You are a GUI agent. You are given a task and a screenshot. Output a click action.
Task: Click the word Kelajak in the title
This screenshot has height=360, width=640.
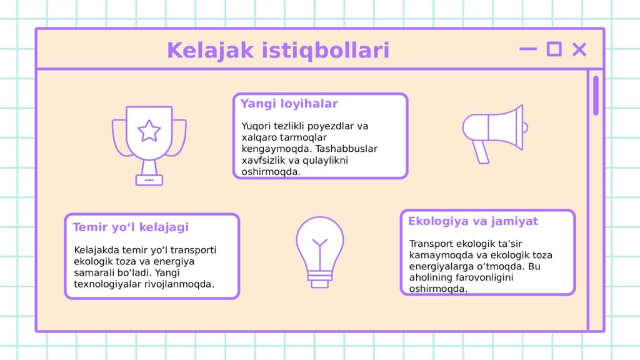pos(210,50)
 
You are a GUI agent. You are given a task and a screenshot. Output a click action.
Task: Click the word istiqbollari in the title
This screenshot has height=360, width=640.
pos(325,50)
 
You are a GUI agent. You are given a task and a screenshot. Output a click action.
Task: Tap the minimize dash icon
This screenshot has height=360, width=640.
pos(527,49)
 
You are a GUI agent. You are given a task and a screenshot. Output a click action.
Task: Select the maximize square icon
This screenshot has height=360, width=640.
pos(554,49)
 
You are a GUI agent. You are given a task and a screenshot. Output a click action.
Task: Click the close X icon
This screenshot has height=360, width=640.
pos(579,49)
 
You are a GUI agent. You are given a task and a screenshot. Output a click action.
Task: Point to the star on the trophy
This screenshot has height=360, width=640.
pos(149,131)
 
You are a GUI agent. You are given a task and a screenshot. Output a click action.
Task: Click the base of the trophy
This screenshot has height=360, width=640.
pos(149,180)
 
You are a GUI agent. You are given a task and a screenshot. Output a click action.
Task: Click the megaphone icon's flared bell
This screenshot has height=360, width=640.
pos(506,127)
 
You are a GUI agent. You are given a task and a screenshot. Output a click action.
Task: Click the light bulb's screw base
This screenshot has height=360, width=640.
pos(319,279)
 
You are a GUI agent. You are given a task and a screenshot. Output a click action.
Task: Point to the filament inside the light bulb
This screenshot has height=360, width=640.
pos(319,253)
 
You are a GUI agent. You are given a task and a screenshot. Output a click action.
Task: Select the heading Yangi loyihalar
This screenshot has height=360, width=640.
pos(289,104)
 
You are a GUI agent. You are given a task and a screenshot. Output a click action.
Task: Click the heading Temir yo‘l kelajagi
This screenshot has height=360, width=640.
pos(131,227)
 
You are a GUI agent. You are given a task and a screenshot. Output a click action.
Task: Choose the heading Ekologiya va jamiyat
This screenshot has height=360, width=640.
pos(473,221)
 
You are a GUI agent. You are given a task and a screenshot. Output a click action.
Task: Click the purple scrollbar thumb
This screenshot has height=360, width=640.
pos(596,96)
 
